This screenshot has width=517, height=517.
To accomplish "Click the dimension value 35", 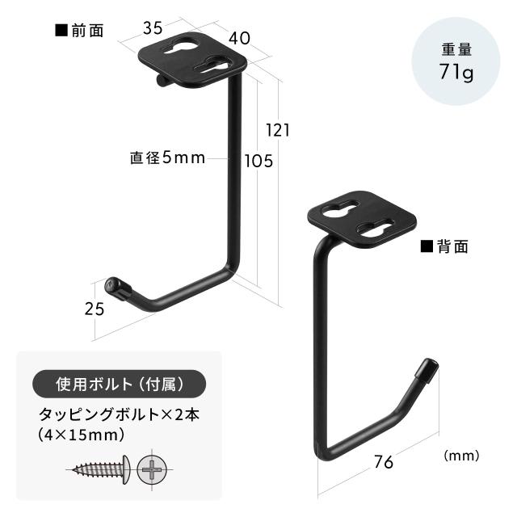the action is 153,28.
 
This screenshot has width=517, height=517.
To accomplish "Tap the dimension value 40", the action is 240,38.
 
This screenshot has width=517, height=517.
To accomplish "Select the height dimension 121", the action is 278,130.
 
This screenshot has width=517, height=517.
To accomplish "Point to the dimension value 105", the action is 258,162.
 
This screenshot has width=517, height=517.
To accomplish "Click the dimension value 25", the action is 95,309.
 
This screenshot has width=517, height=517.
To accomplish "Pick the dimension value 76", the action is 384,462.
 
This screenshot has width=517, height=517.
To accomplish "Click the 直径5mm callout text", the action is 167,158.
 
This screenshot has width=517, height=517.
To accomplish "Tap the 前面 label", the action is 79,31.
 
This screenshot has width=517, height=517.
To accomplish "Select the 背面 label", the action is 444,246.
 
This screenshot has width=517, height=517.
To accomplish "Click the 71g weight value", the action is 456,71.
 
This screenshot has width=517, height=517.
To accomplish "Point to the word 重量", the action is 456,50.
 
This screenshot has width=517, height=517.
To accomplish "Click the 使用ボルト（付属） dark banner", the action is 119,384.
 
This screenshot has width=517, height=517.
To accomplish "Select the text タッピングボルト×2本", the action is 119,414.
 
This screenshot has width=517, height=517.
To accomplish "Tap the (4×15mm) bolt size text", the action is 81,435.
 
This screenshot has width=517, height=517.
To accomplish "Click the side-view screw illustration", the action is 99,469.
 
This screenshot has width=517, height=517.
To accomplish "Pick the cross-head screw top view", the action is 152,469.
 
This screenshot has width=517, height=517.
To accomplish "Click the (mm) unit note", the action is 461,456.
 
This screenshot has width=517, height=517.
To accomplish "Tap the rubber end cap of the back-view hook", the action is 427,370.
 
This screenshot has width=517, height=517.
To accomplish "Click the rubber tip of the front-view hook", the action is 117,288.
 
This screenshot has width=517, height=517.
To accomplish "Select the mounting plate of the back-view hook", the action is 362,219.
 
